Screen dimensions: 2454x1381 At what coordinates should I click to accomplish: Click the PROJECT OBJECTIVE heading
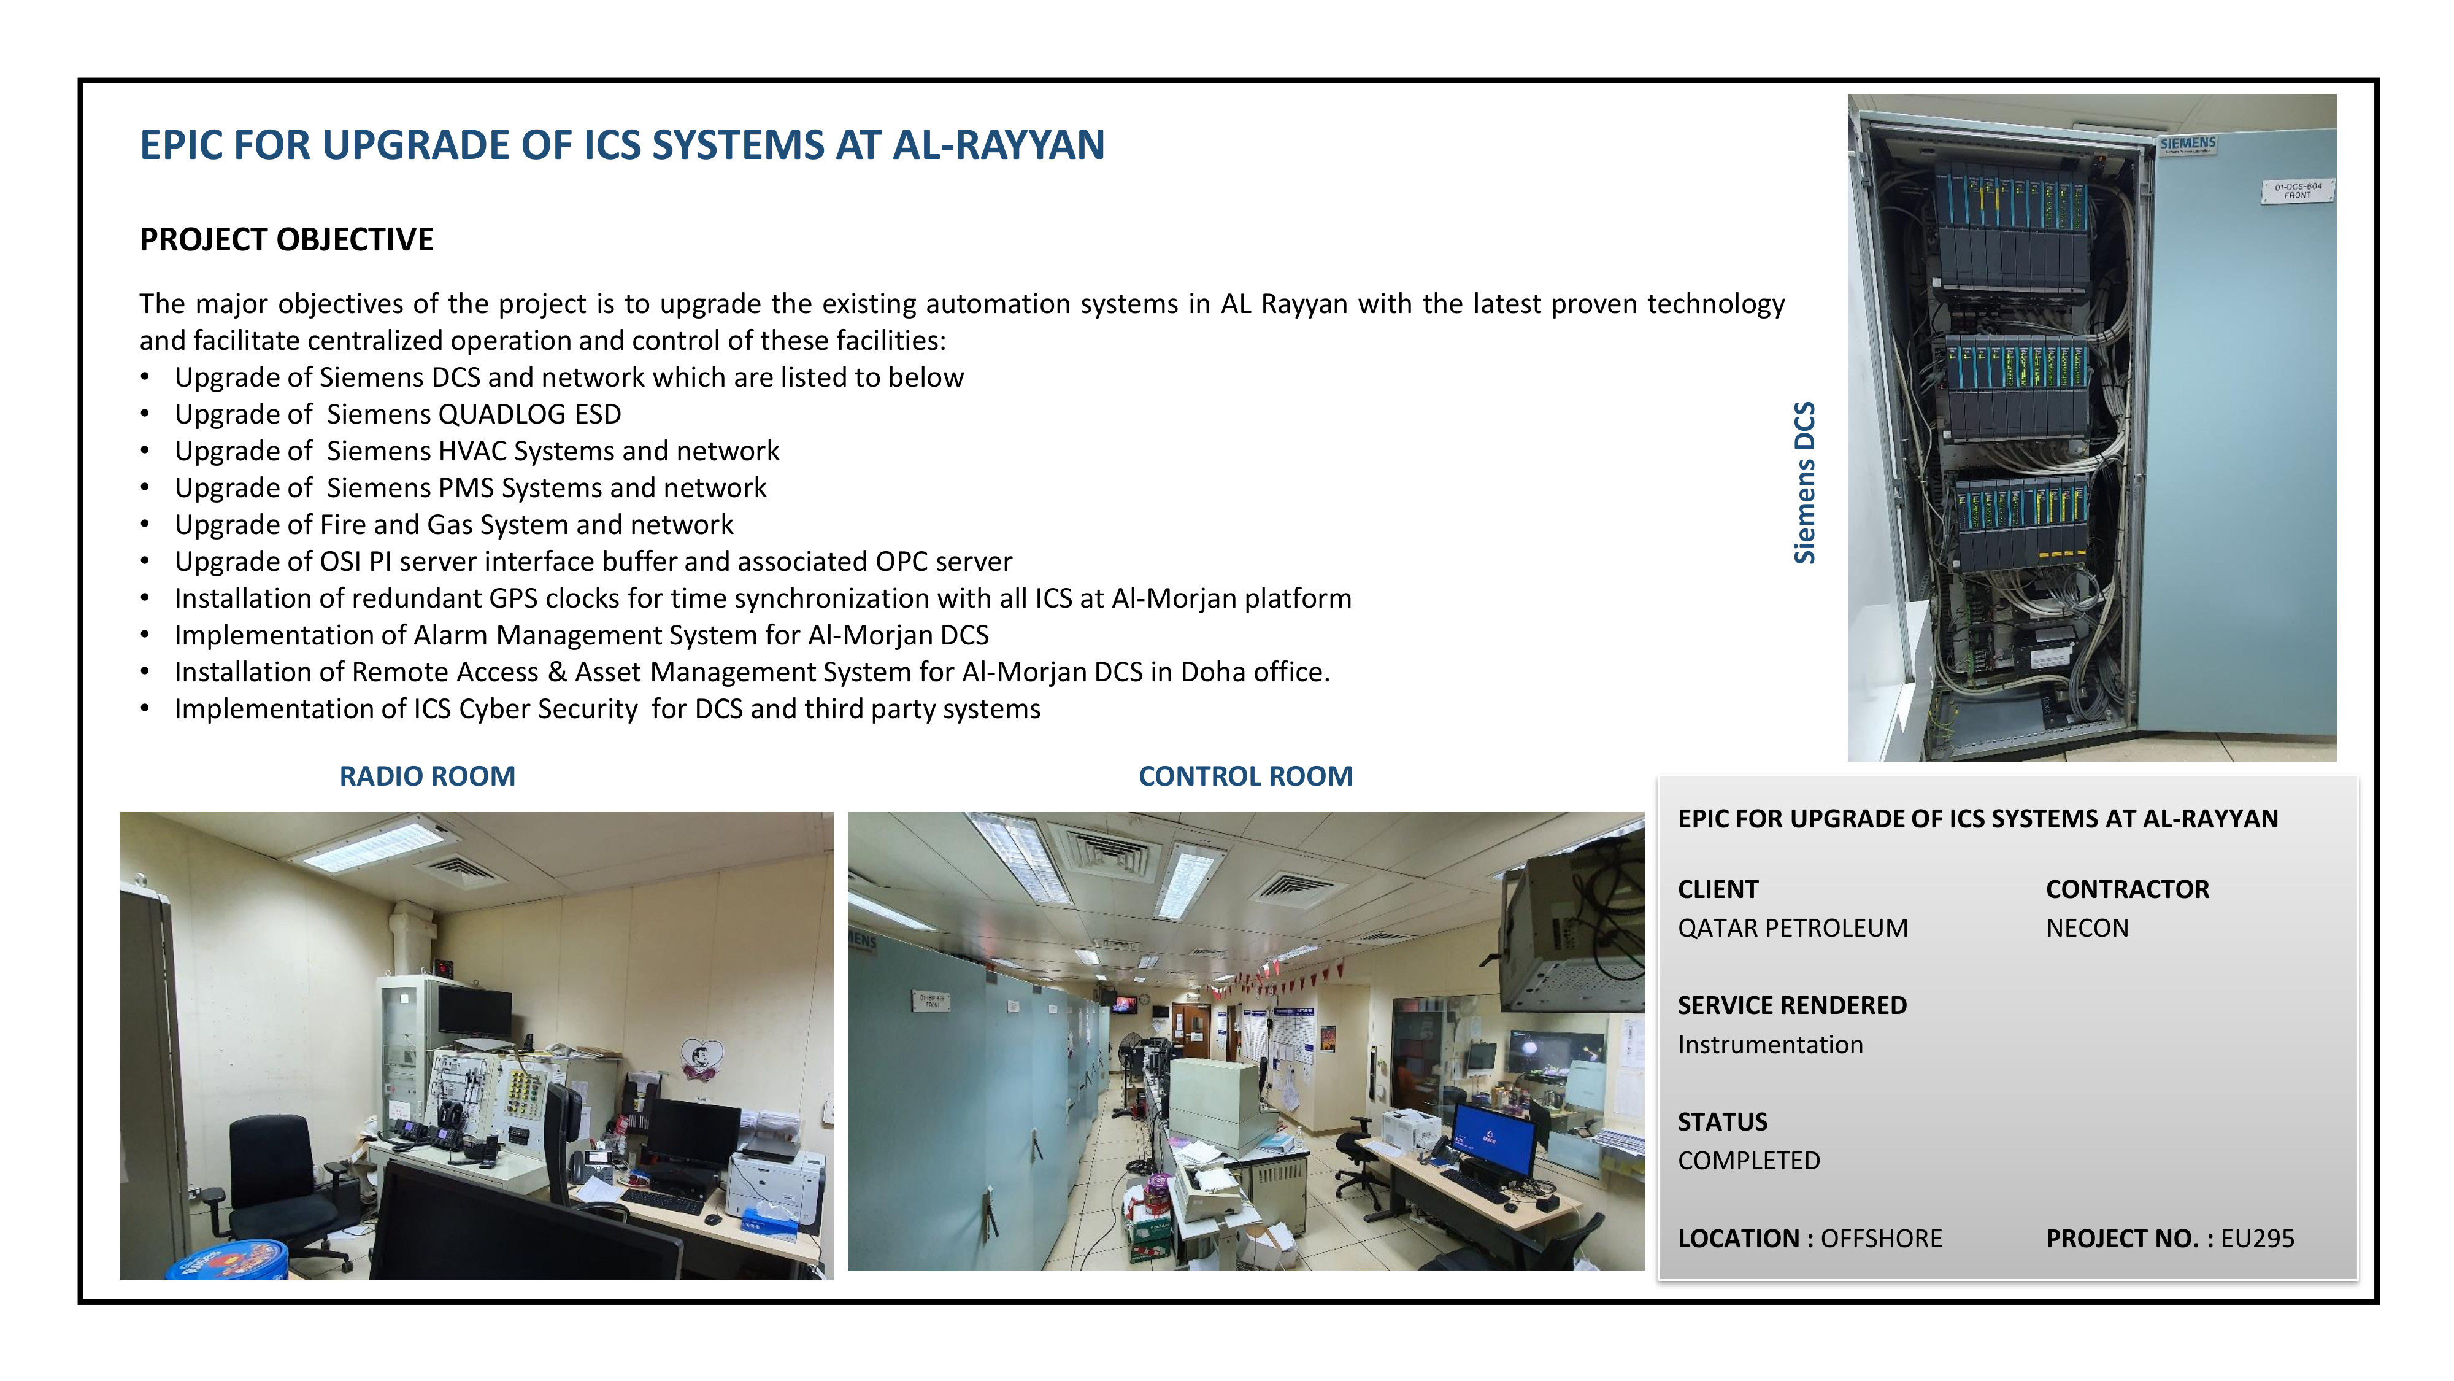(287, 239)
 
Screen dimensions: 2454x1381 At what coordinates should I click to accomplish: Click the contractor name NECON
(2087, 928)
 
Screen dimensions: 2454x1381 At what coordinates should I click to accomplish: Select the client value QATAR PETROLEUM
(1793, 928)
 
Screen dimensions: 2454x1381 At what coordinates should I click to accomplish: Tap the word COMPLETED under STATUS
(1749, 1161)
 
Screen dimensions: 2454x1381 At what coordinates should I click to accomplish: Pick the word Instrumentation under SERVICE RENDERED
(1770, 1045)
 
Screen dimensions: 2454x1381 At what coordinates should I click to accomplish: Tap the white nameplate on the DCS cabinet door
(2298, 191)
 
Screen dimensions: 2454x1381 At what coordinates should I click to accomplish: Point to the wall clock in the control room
(1158, 1010)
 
